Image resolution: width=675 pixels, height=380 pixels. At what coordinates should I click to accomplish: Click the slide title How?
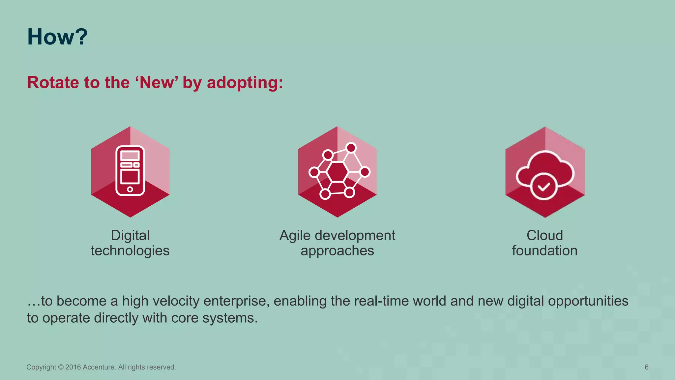57,37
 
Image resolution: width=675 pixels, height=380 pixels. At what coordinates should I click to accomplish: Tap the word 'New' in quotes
157,82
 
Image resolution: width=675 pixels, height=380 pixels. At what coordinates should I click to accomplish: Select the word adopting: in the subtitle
245,83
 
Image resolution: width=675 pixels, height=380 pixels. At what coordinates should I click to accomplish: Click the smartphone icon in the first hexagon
130,170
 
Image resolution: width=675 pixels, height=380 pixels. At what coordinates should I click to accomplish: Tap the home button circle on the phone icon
130,189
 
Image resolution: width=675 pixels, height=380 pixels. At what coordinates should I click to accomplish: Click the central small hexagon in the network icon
337,172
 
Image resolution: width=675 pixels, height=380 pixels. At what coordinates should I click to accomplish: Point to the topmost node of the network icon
351,148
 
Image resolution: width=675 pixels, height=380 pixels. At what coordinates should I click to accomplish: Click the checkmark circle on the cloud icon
543,187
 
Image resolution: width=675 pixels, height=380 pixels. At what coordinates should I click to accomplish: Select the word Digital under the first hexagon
130,236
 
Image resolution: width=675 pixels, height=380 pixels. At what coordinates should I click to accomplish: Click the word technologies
130,251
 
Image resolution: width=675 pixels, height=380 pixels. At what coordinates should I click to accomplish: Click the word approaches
337,251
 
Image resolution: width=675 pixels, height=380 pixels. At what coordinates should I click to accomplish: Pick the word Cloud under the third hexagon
544,236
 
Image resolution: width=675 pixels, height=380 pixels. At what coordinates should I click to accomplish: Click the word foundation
544,251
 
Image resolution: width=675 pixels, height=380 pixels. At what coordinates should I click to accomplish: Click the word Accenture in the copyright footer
99,367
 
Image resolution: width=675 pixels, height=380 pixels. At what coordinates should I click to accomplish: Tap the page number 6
646,367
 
